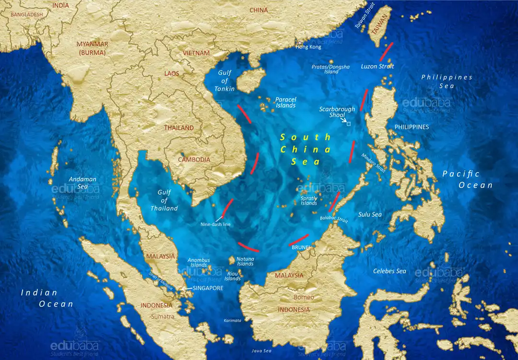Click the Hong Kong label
[308, 46]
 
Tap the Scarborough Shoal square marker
[349, 124]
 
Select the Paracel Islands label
[286, 103]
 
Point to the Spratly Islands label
[308, 200]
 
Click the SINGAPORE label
[208, 288]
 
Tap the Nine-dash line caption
[215, 224]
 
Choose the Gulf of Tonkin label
[224, 81]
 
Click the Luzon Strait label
[377, 67]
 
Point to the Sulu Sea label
[370, 214]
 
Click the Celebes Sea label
[389, 271]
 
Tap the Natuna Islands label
[245, 261]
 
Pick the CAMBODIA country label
[194, 160]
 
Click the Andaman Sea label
[82, 183]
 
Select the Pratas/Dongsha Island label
[331, 69]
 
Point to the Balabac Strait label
[333, 219]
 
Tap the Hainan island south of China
[251, 80]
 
